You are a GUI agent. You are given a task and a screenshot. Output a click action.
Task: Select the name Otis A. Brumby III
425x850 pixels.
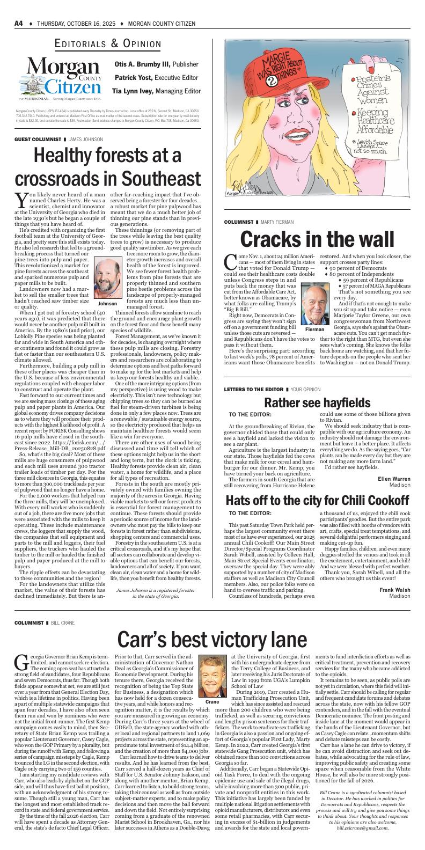point(134,64)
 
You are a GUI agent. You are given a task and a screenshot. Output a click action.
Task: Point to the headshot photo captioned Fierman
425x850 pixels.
point(314,303)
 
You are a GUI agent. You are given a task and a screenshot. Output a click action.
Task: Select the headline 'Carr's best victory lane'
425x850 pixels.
point(213,640)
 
